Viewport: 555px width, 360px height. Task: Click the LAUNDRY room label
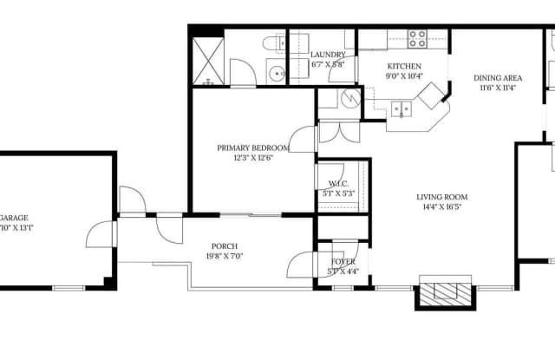pos(328,55)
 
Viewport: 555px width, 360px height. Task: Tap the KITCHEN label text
pos(404,67)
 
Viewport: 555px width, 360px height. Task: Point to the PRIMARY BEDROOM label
pos(251,148)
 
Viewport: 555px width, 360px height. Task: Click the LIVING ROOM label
pos(442,197)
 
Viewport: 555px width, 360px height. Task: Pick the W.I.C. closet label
pos(338,183)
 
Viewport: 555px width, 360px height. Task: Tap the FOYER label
pos(343,262)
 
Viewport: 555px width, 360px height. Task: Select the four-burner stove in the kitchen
pos(417,38)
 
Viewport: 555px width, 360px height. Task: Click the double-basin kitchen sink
pos(401,108)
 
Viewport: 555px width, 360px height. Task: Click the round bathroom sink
pos(276,74)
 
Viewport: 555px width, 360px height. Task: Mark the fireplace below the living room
pos(445,292)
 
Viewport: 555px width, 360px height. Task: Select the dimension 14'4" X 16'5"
pos(442,207)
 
